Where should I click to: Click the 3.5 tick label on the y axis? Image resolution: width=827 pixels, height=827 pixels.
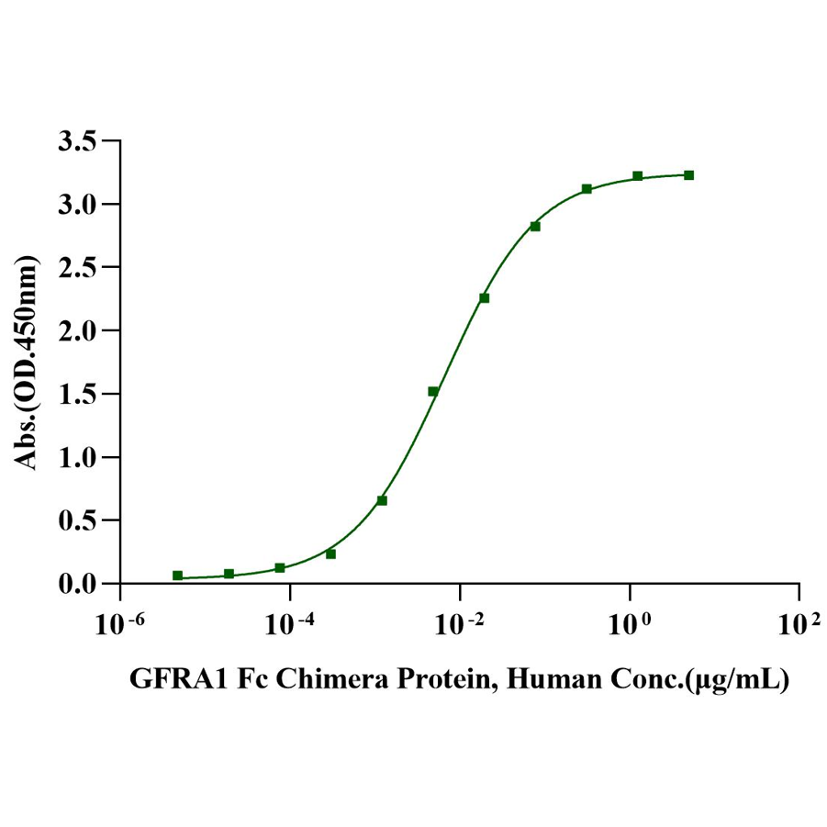pos(76,141)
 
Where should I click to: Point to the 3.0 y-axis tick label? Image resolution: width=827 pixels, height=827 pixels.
pos(76,204)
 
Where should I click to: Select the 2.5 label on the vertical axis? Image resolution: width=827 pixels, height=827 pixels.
pos(76,267)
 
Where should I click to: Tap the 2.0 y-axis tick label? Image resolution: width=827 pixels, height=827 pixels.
pos(76,330)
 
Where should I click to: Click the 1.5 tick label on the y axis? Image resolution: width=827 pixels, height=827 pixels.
pos(76,394)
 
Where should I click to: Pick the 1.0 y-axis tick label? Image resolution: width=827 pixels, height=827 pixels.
pos(76,457)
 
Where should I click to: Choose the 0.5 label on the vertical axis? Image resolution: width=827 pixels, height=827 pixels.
pos(76,520)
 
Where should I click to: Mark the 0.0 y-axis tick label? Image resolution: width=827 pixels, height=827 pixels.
pos(76,584)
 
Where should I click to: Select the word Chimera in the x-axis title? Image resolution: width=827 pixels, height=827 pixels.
pos(322,680)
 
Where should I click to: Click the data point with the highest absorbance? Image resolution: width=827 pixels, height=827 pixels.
pos(688,175)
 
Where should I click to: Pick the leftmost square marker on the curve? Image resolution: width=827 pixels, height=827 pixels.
pos(177,576)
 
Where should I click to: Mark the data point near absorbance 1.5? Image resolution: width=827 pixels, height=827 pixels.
pos(433,391)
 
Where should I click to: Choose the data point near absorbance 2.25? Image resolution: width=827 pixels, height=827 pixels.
pos(484,298)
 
